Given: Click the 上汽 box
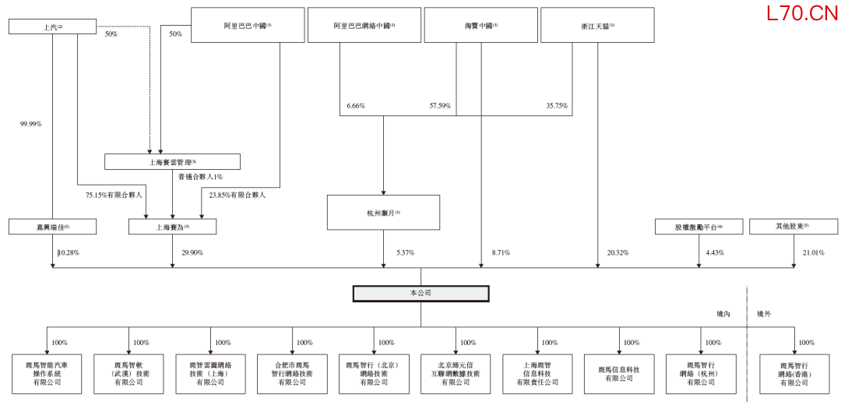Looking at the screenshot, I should click(52, 26).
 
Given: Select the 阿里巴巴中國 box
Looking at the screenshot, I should click(247, 25).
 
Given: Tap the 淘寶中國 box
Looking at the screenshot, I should click(480, 25).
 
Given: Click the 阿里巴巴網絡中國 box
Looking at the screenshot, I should click(364, 25).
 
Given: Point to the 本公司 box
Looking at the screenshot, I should click(420, 294).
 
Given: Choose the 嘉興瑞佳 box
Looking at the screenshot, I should click(52, 227).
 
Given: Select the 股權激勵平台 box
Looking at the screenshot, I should click(698, 227).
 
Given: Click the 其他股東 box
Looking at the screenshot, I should click(793, 227).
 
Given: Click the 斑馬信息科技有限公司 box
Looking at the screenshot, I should click(619, 374).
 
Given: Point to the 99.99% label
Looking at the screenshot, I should click(31, 123).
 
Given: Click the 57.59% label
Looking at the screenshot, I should click(440, 105).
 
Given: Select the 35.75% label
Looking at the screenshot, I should click(557, 105).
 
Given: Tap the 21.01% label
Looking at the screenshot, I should click(813, 252).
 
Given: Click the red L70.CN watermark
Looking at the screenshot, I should click(801, 13).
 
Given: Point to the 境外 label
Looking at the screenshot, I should click(764, 314).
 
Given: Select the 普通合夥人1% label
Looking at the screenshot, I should click(201, 177).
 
